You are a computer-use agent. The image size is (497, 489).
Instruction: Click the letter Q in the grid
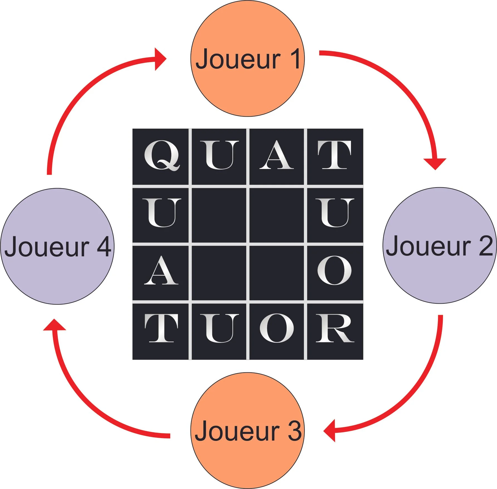[161, 155]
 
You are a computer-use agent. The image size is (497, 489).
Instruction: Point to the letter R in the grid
[334, 328]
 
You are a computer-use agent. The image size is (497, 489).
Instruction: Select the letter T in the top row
[334, 155]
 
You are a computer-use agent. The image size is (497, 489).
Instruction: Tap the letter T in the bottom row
[161, 328]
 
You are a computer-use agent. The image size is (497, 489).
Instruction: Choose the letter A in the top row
[277, 155]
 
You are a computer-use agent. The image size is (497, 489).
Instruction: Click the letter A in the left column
[161, 271]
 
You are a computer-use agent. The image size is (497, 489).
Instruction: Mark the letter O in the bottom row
[277, 328]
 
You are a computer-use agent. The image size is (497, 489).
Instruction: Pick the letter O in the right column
[334, 271]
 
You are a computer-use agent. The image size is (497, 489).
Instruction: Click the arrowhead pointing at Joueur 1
[160, 59]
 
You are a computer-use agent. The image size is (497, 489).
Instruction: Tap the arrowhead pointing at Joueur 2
[435, 163]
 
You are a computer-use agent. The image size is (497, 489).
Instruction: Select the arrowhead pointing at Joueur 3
[330, 431]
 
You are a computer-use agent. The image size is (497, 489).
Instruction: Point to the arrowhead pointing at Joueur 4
[55, 325]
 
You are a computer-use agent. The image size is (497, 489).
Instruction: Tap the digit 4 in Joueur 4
[104, 246]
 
